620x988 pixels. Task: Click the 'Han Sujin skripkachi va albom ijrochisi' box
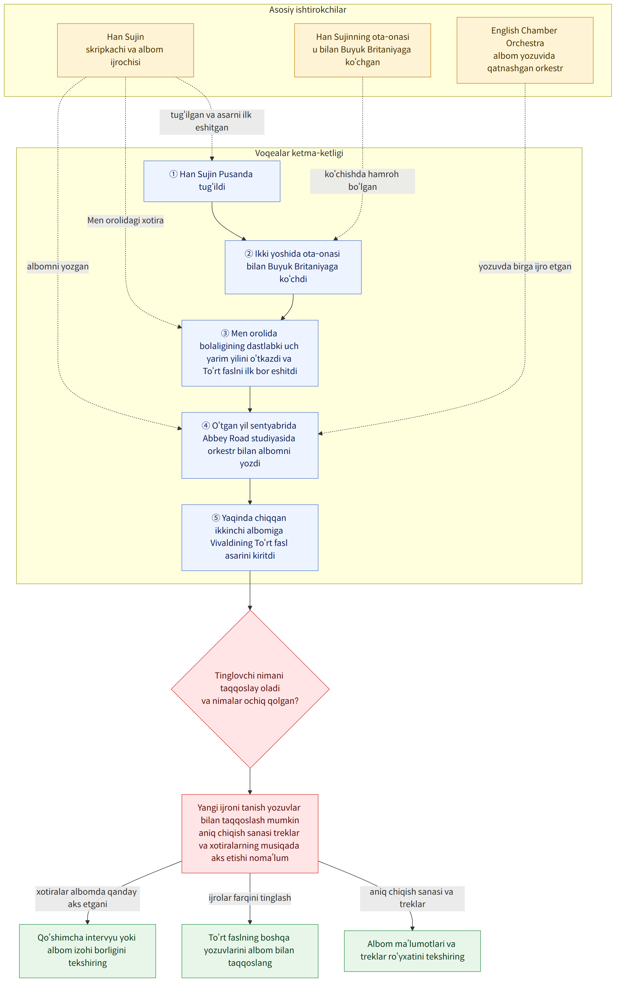125,50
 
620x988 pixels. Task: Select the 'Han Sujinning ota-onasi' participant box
362,50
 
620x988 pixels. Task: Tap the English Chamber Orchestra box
525,50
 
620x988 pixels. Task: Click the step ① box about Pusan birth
212,181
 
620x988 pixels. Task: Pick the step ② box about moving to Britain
293,267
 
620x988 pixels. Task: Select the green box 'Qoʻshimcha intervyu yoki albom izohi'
87,951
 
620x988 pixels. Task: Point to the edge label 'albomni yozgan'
58,267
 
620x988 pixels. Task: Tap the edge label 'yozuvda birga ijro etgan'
525,267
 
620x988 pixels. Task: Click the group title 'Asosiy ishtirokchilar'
308,10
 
